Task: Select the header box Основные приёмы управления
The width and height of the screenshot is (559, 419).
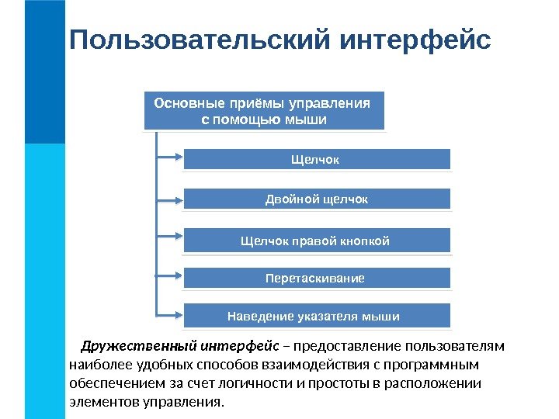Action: click(x=264, y=111)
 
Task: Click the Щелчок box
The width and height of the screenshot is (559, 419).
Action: click(x=316, y=159)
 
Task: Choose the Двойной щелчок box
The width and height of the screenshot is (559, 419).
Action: click(x=316, y=199)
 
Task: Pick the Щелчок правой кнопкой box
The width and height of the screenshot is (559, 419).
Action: click(x=316, y=240)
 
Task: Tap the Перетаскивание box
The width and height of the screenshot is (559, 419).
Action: click(x=316, y=277)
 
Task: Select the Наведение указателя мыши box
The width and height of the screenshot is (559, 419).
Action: click(x=316, y=316)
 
